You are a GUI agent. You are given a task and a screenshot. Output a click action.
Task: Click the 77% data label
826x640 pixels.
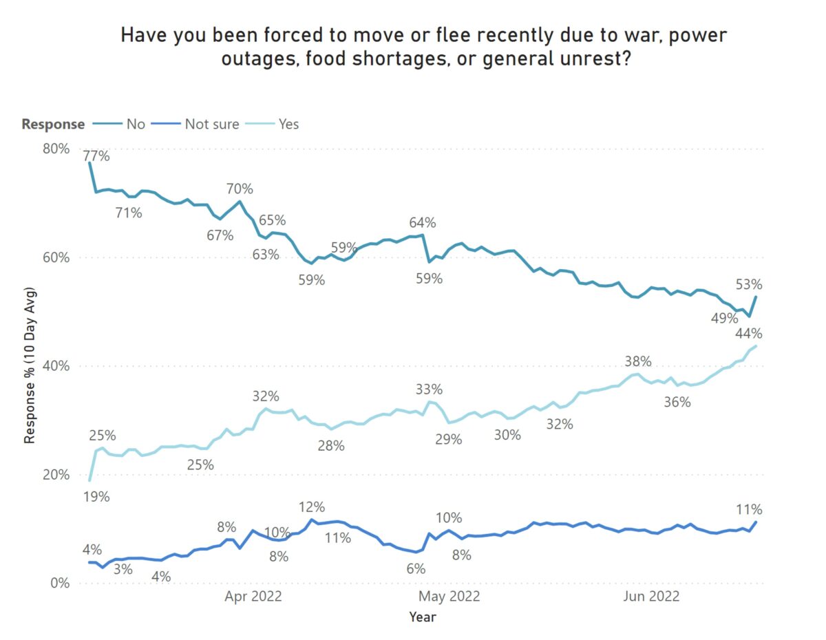click(x=96, y=156)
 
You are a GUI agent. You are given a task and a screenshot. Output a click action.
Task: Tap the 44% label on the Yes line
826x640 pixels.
click(x=748, y=334)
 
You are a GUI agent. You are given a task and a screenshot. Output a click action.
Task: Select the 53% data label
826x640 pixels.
click(x=748, y=284)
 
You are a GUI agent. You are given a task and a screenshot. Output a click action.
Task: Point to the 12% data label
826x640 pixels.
click(x=312, y=507)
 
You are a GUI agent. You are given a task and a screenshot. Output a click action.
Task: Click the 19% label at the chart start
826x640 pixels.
click(x=96, y=496)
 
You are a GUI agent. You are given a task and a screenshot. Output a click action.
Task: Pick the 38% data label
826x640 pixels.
click(x=637, y=361)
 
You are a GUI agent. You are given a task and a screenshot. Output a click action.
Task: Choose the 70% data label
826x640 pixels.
click(x=240, y=189)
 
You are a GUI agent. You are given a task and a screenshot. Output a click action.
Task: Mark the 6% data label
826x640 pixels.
click(x=416, y=569)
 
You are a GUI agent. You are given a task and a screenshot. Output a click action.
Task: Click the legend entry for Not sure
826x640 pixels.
click(x=212, y=125)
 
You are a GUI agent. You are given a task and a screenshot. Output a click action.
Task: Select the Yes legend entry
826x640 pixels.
click(x=289, y=125)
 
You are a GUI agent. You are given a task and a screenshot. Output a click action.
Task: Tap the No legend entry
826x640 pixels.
click(x=135, y=125)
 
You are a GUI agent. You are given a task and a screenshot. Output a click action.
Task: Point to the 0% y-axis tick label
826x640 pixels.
click(x=60, y=584)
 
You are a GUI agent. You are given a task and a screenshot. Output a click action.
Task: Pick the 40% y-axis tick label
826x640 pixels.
click(x=56, y=366)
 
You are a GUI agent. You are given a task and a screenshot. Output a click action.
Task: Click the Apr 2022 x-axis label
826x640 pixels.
click(x=253, y=596)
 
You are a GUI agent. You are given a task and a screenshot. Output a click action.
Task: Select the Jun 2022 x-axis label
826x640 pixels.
click(x=651, y=596)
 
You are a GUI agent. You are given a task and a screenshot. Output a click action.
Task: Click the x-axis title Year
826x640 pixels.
click(x=422, y=617)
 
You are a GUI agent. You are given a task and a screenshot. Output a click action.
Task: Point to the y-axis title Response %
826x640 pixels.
click(x=30, y=365)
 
